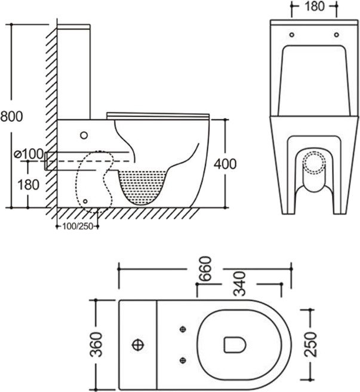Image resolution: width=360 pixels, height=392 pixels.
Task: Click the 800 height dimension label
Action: click(x=11, y=117)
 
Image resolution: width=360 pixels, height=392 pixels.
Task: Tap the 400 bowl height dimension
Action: click(x=225, y=164)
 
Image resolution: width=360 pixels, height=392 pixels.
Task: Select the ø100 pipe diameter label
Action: click(x=29, y=154)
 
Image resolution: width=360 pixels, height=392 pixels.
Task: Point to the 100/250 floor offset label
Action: click(x=78, y=226)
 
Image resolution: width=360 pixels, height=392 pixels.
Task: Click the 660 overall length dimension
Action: click(x=205, y=269)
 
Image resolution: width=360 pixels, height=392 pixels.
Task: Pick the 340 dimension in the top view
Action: click(x=239, y=283)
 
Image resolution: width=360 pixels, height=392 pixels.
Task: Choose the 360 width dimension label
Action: click(x=96, y=344)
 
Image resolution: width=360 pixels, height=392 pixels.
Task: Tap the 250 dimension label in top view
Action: click(x=310, y=344)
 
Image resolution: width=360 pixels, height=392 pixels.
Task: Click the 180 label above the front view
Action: click(x=314, y=6)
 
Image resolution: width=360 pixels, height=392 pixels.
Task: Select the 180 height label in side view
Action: click(x=28, y=185)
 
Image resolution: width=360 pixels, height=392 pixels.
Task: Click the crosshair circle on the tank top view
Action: click(x=138, y=345)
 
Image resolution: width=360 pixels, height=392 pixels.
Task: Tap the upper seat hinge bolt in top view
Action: click(x=183, y=329)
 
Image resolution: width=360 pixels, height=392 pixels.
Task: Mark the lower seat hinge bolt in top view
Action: click(x=183, y=360)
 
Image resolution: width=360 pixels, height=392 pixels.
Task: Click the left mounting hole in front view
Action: click(x=292, y=35)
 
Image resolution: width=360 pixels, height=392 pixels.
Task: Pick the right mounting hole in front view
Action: click(x=337, y=35)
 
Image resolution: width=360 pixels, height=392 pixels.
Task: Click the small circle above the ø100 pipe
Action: click(x=84, y=135)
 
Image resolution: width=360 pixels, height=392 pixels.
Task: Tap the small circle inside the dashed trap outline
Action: click(x=85, y=201)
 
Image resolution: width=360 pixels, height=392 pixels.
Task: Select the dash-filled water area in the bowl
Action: click(x=142, y=186)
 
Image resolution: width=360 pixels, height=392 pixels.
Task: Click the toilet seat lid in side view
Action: click(x=158, y=115)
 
